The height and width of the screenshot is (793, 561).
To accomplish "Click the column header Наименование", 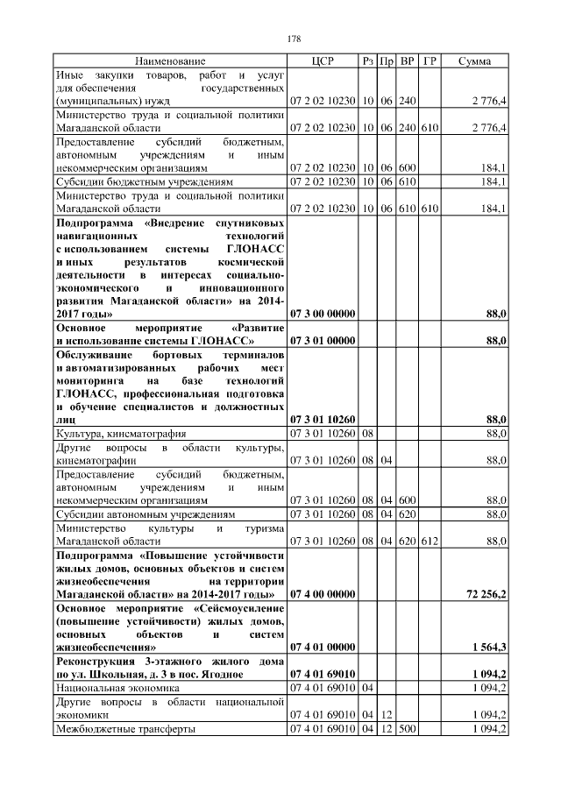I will [x=170, y=61].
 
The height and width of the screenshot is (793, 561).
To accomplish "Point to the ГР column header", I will [x=430, y=61].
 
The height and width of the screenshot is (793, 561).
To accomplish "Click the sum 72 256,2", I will [x=485, y=594].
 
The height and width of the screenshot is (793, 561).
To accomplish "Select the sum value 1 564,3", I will [x=488, y=647].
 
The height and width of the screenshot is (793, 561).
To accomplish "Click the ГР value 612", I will [x=430, y=542].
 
